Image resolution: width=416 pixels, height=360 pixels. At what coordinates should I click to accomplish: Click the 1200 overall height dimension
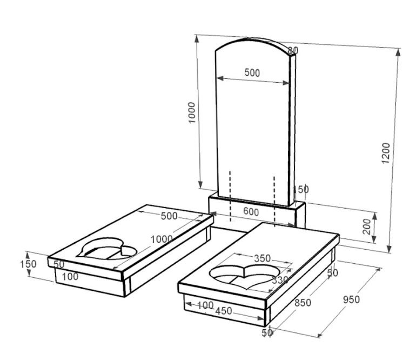click(386, 153)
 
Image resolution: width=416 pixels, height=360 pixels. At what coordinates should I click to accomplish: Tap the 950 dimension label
click(351, 299)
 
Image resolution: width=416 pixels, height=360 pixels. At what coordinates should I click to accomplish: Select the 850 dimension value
click(303, 303)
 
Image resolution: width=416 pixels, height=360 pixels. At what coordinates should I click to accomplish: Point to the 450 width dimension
click(224, 311)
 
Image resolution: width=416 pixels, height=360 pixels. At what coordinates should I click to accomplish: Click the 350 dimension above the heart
click(263, 258)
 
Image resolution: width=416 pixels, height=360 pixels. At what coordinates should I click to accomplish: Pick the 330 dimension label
click(280, 280)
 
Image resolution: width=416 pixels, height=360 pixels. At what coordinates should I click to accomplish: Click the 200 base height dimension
click(367, 226)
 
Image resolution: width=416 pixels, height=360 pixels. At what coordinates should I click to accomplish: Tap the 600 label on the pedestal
click(251, 212)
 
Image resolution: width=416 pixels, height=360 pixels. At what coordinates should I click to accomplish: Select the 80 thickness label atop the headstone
click(293, 50)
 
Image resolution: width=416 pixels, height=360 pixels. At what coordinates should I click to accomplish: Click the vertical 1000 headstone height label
click(192, 112)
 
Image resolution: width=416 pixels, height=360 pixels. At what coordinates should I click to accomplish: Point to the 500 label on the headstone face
click(252, 72)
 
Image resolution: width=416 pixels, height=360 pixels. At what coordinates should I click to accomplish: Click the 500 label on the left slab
click(169, 216)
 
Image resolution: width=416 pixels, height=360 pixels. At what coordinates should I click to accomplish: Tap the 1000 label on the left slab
click(162, 239)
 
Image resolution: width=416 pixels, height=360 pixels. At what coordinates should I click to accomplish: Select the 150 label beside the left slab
click(28, 264)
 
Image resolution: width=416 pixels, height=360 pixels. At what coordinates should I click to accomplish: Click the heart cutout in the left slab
click(106, 249)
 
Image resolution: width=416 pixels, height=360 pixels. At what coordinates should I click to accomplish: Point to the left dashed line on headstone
click(230, 196)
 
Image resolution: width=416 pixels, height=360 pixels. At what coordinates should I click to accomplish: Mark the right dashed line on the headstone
click(274, 201)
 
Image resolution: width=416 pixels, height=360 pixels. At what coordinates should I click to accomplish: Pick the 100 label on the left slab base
click(70, 277)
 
